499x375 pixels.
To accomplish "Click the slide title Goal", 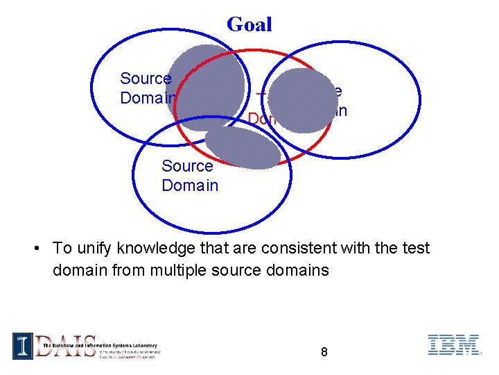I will point(249,25).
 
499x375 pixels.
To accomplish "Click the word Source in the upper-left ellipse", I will point(146,78).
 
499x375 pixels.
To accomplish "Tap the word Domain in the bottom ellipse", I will point(190,185).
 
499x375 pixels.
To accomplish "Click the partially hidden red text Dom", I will point(261,120).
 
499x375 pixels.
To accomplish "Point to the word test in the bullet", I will point(414,249).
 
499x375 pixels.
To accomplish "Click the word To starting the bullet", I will point(62,249).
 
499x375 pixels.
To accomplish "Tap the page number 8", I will point(324,352).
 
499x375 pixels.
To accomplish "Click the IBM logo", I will point(453,345).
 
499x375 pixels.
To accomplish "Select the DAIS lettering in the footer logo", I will point(66,345).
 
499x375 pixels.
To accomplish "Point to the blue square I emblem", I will point(22,346).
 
